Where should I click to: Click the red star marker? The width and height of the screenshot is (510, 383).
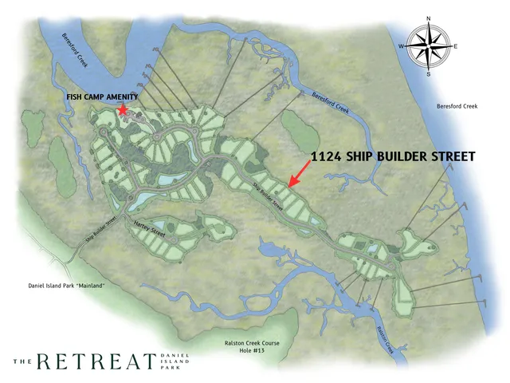tap(123, 111)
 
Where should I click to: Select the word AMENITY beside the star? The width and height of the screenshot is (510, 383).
tap(120, 97)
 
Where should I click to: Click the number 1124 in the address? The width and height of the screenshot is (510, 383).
tap(328, 156)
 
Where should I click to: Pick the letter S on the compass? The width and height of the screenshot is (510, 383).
tap(429, 73)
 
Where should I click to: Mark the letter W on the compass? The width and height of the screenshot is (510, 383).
tap(401, 47)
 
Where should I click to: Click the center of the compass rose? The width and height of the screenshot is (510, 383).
tap(429, 46)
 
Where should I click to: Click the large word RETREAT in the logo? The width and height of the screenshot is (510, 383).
tap(98, 361)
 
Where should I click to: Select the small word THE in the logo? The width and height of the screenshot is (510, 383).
tap(23, 361)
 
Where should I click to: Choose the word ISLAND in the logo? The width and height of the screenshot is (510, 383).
tap(173, 361)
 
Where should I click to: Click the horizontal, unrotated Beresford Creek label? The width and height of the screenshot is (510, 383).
tap(457, 107)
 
